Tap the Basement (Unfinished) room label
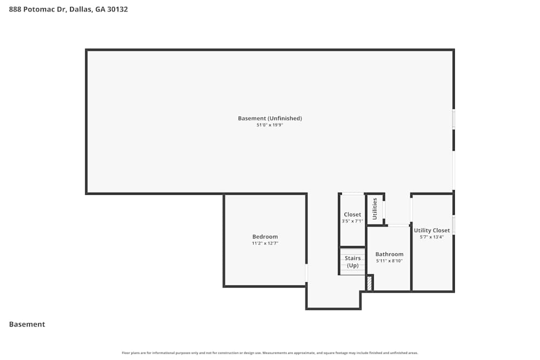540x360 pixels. pyautogui.click(x=269, y=118)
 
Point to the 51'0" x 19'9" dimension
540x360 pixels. pyautogui.click(x=269, y=125)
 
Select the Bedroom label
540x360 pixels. pyautogui.click(x=265, y=236)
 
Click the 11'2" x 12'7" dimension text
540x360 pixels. pyautogui.click(x=265, y=243)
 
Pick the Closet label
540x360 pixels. pyautogui.click(x=352, y=214)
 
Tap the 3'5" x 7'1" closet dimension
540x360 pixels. pyautogui.click(x=352, y=221)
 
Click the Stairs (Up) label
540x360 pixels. pyautogui.click(x=353, y=262)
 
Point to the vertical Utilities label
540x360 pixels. pyautogui.click(x=375, y=208)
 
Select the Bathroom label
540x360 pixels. pyautogui.click(x=389, y=254)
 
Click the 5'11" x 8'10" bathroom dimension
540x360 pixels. pyautogui.click(x=389, y=261)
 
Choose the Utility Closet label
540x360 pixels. pyautogui.click(x=431, y=230)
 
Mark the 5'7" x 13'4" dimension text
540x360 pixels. pyautogui.click(x=431, y=237)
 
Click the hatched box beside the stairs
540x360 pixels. pyautogui.click(x=369, y=283)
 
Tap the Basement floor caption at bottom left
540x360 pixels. pyautogui.click(x=27, y=324)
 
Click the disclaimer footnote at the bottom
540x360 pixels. pyautogui.click(x=270, y=353)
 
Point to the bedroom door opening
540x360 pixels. pyautogui.click(x=306, y=273)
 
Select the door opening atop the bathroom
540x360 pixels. pyautogui.click(x=399, y=225)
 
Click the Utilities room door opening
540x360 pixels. pyautogui.click(x=383, y=209)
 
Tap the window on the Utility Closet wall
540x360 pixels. pyautogui.click(x=453, y=225)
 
